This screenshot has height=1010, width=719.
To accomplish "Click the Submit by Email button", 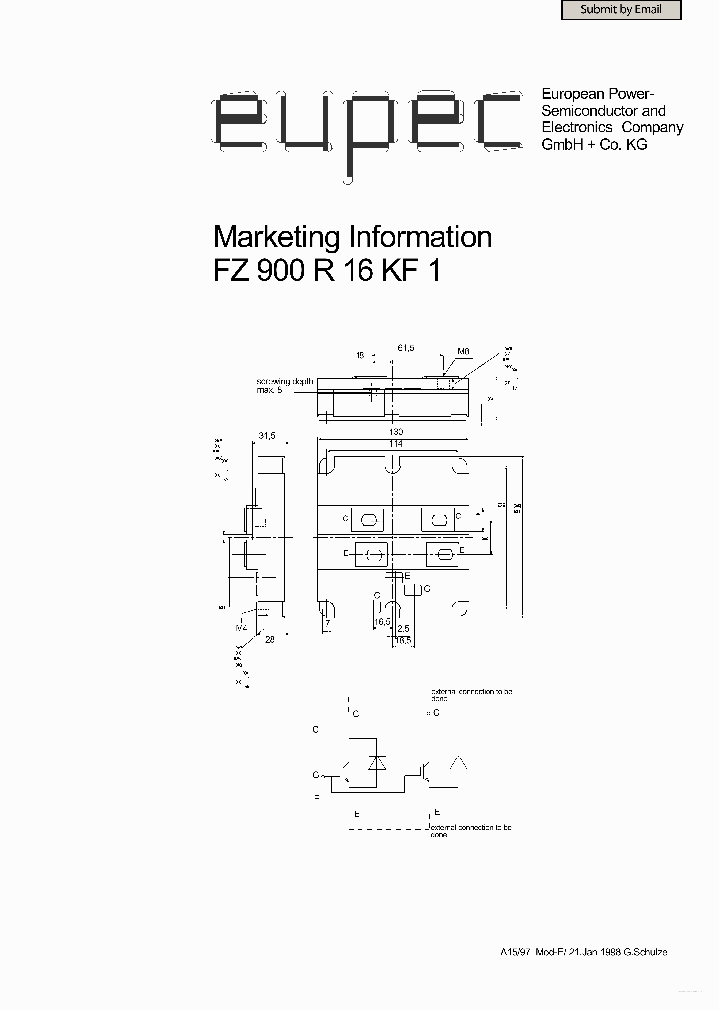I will (x=620, y=10).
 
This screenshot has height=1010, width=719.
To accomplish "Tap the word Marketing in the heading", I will (x=277, y=237).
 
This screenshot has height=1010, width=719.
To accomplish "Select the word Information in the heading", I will (x=419, y=237).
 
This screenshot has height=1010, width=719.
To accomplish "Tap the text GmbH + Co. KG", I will (x=594, y=144).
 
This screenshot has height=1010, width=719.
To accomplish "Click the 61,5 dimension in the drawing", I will (x=406, y=347).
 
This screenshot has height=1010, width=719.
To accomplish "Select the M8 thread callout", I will (x=463, y=352).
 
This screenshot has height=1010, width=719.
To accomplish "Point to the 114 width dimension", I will (x=397, y=443).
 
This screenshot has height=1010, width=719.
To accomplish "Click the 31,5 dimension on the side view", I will (x=267, y=436).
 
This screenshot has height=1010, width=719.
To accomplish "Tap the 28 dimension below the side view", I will (x=269, y=639).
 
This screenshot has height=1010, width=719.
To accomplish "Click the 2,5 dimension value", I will (x=402, y=628).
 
